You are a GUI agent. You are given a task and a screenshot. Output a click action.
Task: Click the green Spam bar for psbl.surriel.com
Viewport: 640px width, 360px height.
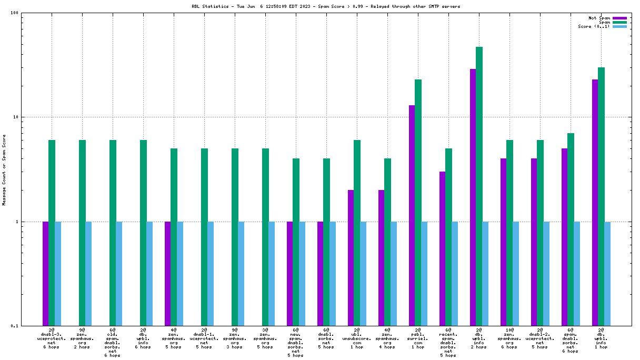(x=418, y=203)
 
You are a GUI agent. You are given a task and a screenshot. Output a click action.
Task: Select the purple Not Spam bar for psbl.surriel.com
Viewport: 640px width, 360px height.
(x=412, y=215)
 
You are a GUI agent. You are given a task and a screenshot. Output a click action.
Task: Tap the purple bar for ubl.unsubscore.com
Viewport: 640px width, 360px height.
(x=351, y=258)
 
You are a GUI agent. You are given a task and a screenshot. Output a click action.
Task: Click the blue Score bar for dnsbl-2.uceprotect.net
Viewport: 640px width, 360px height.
(x=546, y=274)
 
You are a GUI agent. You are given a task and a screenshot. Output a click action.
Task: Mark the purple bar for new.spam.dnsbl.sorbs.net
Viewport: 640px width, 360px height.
(x=289, y=274)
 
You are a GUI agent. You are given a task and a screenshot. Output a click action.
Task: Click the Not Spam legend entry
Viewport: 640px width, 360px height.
(x=599, y=18)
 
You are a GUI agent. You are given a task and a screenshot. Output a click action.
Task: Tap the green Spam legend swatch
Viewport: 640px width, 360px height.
(x=619, y=22)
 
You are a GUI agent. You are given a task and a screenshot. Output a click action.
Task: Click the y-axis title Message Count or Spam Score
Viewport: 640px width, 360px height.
(x=4, y=169)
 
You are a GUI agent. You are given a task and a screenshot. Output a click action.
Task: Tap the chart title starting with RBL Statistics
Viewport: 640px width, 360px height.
(x=318, y=6)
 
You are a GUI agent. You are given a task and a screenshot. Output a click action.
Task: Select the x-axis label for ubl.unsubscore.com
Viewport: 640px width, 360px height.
(x=357, y=338)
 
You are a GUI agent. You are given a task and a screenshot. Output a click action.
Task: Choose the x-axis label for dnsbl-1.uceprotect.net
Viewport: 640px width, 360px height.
(x=204, y=338)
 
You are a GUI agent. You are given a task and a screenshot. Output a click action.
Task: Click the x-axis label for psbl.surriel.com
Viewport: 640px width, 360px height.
(x=418, y=338)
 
